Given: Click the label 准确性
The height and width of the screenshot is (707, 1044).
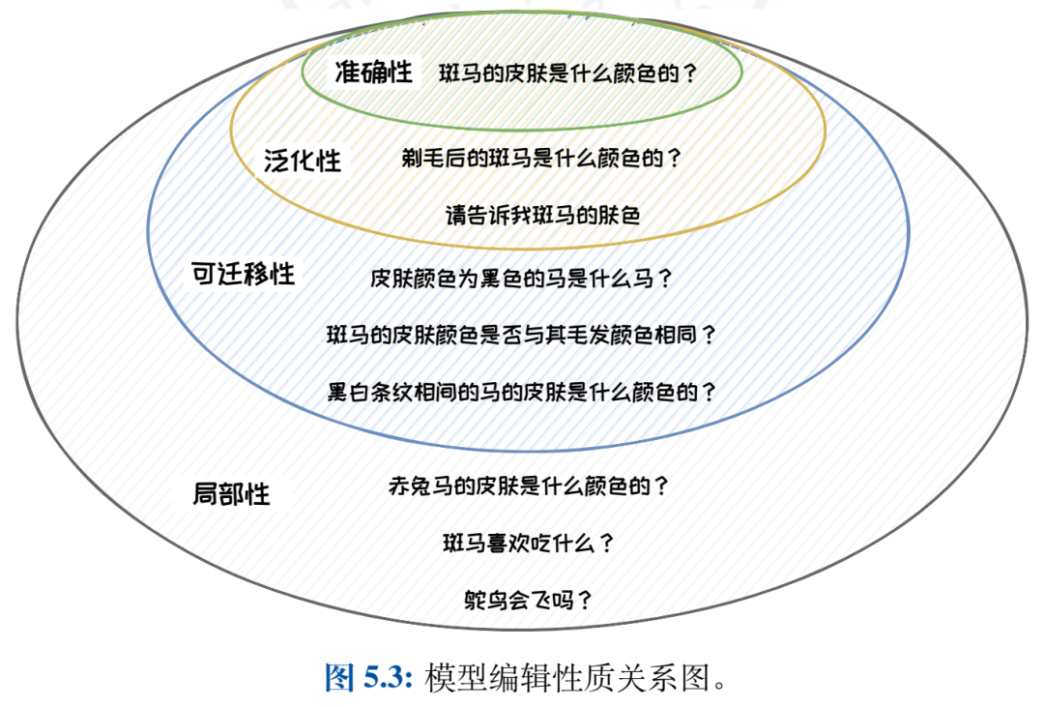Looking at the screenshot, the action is [374, 73].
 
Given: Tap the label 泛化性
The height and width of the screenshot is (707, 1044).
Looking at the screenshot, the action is [303, 160].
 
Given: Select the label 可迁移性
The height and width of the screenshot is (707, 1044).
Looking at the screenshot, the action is [243, 274].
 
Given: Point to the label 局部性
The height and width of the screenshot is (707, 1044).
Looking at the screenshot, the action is [231, 494].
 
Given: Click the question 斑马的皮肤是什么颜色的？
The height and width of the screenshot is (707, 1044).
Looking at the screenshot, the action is [568, 74].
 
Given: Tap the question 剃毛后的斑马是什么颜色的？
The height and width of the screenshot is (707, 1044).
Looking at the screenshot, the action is [541, 159].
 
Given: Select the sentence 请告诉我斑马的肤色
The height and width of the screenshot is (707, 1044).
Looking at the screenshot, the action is [542, 215].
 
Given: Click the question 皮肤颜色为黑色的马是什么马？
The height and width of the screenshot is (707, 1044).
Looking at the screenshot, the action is [521, 279].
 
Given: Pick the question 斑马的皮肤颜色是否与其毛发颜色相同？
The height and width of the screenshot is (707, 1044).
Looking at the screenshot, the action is [522, 336].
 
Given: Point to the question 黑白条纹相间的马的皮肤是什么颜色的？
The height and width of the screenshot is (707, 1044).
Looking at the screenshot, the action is [522, 393].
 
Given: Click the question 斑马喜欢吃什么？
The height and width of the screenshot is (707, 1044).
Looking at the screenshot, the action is [528, 543].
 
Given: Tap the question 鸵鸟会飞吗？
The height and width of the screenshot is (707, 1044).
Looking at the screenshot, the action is [528, 601].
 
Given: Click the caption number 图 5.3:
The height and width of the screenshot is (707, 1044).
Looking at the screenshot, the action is [368, 678].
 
